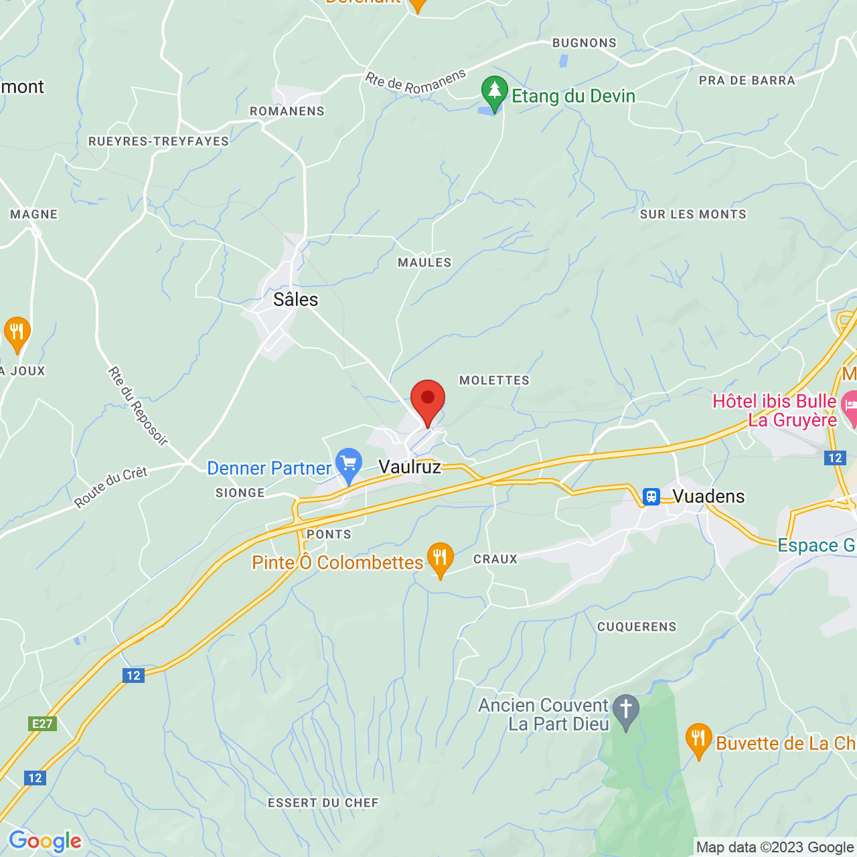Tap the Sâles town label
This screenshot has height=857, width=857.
pos(295,299)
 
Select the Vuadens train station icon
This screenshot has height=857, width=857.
pos(651,496)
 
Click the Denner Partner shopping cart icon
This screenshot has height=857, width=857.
pos(349,464)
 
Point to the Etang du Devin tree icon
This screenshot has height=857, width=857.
pos(494,92)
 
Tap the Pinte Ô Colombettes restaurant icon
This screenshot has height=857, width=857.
pos(440,558)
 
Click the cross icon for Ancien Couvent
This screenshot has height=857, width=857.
pos(625,710)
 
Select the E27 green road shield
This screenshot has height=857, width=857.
pos(42,724)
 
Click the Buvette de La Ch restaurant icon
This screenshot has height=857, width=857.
pos(698,739)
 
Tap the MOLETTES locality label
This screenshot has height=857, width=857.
pos(494,380)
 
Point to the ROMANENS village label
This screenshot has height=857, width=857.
pos(287,111)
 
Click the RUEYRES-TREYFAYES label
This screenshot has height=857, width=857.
pos(159,141)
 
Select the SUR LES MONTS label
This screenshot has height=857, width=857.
pos(693,214)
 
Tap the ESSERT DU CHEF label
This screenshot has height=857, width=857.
pos(323,803)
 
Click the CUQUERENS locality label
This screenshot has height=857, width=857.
pos(637,627)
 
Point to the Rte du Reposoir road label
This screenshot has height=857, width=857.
pos(137,406)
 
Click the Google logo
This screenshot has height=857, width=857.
pos(45,841)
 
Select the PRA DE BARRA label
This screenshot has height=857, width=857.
pos(747,80)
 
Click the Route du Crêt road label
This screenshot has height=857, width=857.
pos(110,487)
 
